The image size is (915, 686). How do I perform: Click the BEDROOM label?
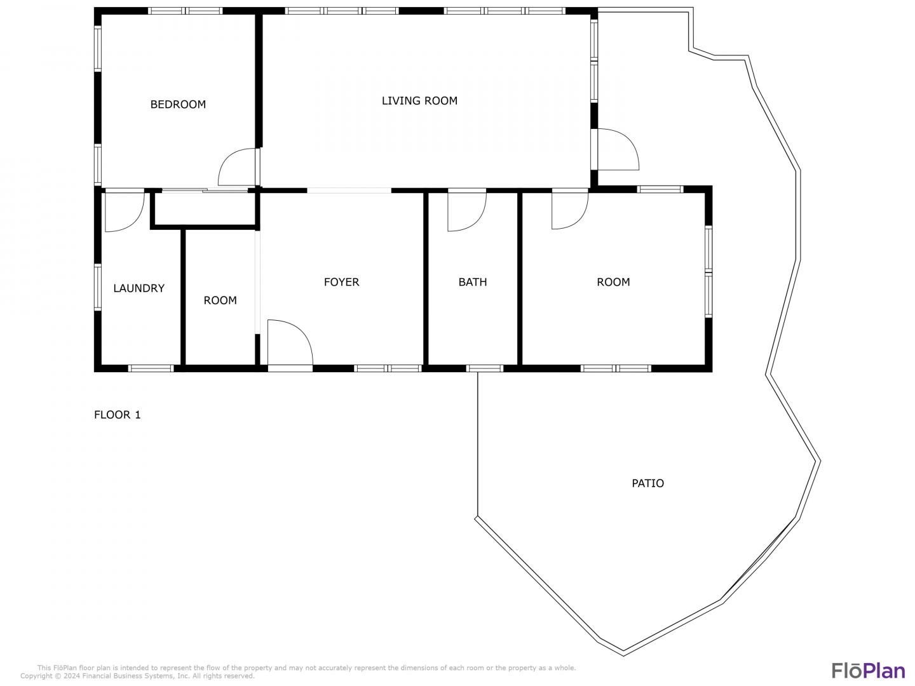(178, 104)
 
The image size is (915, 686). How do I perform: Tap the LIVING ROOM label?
(419, 101)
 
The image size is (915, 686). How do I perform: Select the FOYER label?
(341, 282)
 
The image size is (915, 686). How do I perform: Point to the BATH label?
(472, 282)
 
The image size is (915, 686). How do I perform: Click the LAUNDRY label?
(139, 288)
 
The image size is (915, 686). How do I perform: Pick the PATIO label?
(647, 483)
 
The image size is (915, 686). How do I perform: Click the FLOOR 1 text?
(117, 415)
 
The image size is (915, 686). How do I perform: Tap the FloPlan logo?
(868, 671)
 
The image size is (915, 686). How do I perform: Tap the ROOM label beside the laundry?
(220, 300)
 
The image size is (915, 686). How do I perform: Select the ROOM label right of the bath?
(613, 282)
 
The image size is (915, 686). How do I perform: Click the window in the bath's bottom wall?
(484, 368)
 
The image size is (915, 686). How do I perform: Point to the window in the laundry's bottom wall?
(151, 368)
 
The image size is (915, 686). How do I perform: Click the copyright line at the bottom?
(137, 676)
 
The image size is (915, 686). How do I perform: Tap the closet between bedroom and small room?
(205, 209)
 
